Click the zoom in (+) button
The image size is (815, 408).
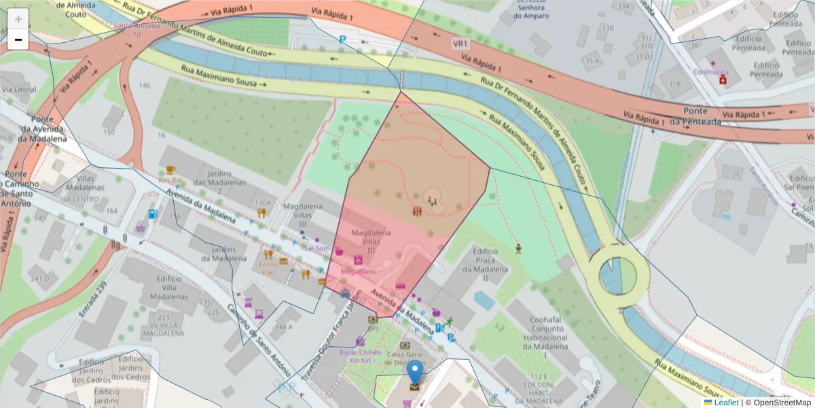coord(18,18)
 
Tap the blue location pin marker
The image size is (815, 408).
coord(415,373)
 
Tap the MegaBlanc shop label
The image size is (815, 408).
coord(358,271)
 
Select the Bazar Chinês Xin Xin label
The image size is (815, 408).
coord(360,356)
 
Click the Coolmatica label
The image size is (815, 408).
coord(710,71)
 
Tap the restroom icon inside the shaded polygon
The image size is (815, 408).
coord(417,211)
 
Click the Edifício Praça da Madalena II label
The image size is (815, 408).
coord(486,264)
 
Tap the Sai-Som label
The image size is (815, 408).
coord(317,248)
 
